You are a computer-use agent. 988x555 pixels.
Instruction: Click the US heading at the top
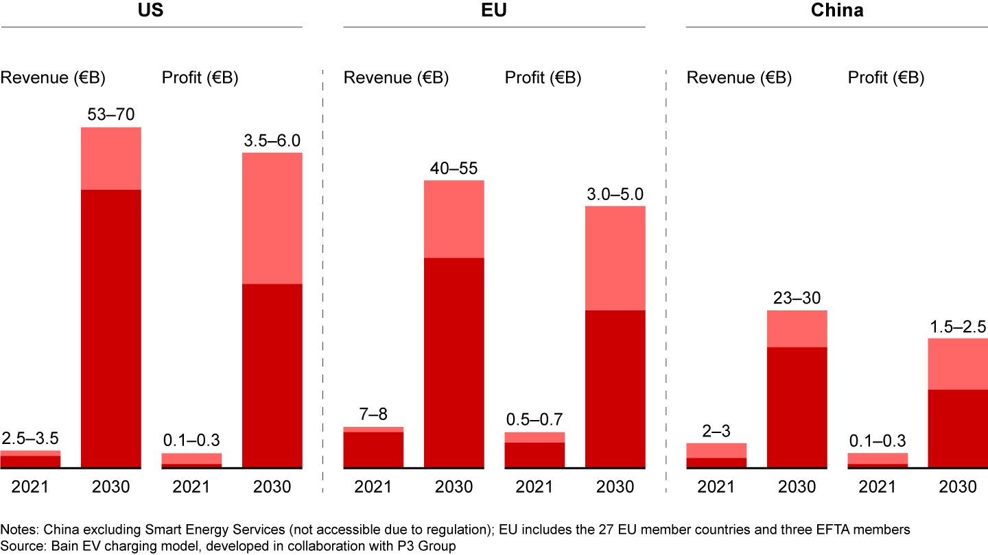point(151,11)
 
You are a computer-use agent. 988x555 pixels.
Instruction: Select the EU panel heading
point(494,11)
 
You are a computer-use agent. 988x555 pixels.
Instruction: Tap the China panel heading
point(837,11)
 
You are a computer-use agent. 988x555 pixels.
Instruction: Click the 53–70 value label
point(111,114)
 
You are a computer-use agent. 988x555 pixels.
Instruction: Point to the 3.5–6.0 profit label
point(272,140)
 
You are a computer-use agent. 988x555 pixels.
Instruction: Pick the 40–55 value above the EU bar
point(454,168)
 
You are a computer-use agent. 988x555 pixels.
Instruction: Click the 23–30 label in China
point(797,298)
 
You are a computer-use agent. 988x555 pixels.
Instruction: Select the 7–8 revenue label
point(373,415)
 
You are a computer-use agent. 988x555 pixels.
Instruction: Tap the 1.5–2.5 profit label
point(958,326)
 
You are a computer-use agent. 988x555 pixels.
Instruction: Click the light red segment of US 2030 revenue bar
point(111,158)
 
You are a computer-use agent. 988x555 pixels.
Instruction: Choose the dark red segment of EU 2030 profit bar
point(615,388)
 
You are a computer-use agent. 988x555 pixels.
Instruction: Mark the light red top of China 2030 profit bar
point(958,364)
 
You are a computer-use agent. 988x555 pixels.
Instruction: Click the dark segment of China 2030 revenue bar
point(797,407)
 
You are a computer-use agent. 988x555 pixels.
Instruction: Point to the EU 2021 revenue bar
point(373,449)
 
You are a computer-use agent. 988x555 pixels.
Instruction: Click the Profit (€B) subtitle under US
point(200,77)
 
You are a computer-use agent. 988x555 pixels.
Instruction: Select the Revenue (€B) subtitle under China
point(739,77)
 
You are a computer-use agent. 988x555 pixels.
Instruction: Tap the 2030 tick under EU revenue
point(454,487)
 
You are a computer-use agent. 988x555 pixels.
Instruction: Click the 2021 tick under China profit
point(878,487)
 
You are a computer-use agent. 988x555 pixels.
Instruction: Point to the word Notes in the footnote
point(16,530)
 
